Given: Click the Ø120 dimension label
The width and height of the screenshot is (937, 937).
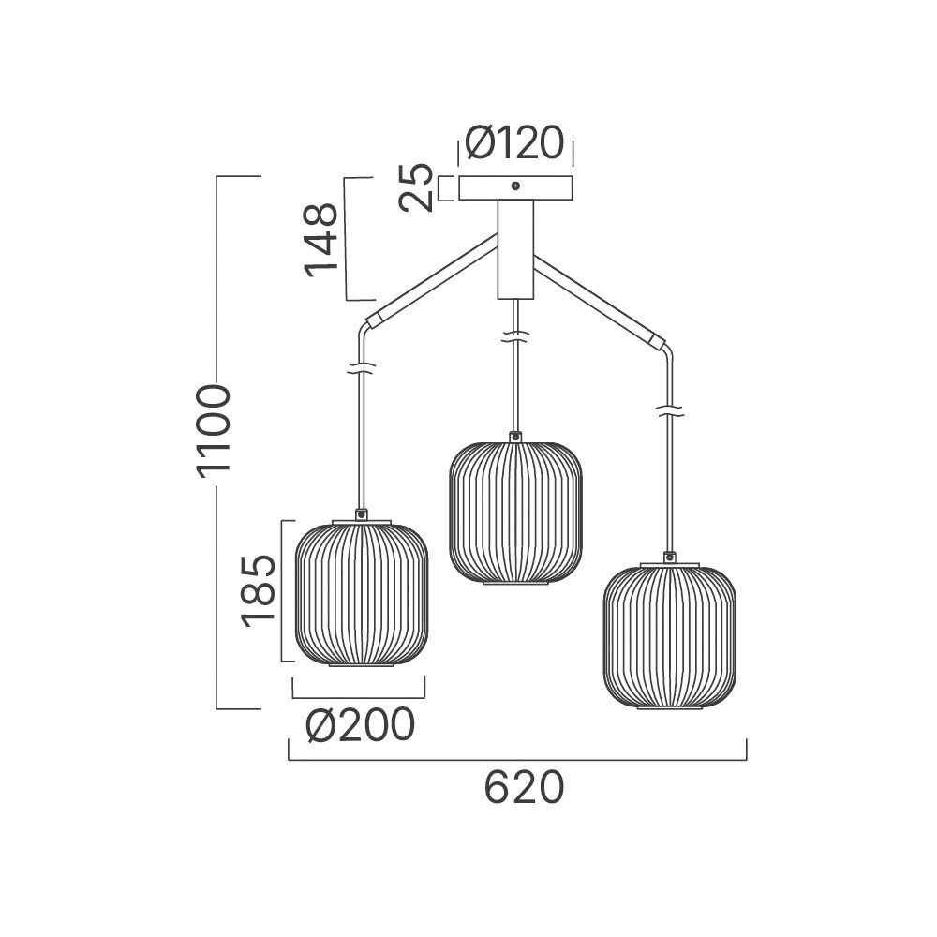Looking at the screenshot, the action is tap(514, 142).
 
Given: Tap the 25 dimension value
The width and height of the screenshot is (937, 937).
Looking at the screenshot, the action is tap(416, 187).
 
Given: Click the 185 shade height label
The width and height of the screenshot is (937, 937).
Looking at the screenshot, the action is tap(259, 591).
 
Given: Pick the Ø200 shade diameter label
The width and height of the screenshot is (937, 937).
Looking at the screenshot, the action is tap(360, 725).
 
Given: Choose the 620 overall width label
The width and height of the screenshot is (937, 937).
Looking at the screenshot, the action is tap(524, 787).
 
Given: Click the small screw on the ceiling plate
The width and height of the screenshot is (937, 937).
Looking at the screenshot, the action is tap(515, 186).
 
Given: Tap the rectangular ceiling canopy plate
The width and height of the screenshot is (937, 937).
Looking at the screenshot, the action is tap(515, 187).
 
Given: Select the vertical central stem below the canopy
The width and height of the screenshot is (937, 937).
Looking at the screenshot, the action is tap(515, 249).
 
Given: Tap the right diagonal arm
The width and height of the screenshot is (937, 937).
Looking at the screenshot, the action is tap(599, 302).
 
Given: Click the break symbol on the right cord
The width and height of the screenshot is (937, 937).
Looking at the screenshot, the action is tap(670, 411).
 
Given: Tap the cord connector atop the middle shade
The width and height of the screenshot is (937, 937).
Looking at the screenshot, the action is tap(515, 437).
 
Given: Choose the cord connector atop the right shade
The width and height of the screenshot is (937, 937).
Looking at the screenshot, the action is tap(670, 557).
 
